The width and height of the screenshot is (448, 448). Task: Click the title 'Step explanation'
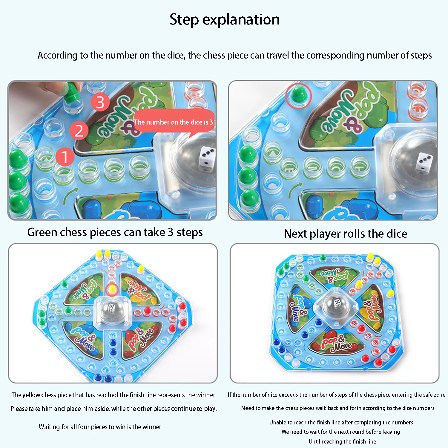pos(225,20)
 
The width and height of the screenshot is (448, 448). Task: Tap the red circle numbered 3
pos(100,102)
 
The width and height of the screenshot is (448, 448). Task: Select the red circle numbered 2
pos(79,131)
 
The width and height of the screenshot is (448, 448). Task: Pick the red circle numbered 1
pos(65,157)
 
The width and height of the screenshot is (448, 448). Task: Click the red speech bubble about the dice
pos(174,121)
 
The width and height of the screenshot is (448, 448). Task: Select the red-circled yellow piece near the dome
pos(112,289)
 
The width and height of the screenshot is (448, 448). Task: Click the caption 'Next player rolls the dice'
pos(345,234)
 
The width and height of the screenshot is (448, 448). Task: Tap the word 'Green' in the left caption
pos(42,232)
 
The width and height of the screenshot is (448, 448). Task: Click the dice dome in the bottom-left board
pos(111,310)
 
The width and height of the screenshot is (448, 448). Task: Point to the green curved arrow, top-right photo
pos(295,190)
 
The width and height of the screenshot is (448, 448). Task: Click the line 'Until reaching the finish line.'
pos(343,441)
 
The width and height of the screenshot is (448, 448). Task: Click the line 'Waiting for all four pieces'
pos(100,427)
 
